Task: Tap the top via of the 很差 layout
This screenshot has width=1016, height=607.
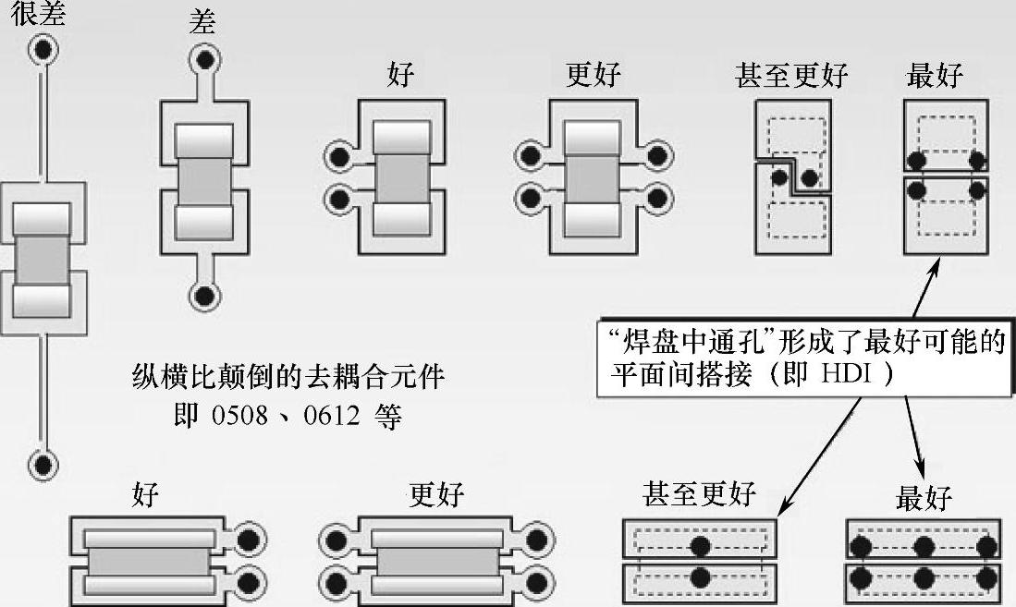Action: click(43, 50)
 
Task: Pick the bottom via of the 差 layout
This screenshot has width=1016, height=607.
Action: click(204, 297)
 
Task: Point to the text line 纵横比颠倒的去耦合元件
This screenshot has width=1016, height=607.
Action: click(288, 379)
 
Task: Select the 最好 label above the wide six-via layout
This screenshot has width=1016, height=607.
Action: click(924, 500)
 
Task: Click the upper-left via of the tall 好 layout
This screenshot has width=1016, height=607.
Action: click(338, 155)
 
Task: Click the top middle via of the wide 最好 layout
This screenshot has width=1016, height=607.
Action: click(924, 545)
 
